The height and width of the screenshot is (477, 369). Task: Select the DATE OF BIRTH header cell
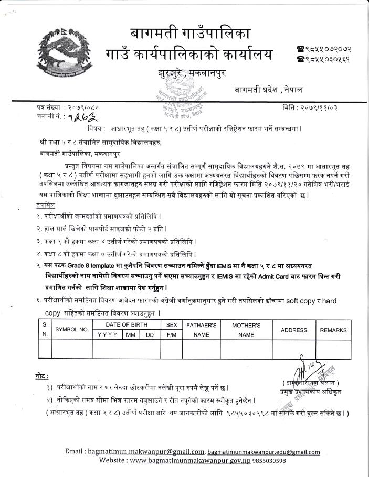coord(126,326)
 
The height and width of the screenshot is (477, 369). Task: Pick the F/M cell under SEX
coord(171,334)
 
